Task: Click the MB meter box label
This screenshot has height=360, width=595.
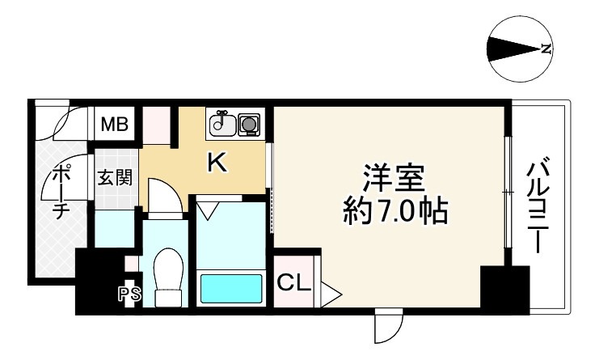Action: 115,124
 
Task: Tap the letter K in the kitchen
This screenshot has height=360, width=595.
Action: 217,163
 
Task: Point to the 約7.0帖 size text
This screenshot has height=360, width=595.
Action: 395,211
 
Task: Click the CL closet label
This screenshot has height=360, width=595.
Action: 294,282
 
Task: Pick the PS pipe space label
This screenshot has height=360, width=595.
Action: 129,294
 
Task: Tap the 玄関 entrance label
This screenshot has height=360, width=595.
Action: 115,177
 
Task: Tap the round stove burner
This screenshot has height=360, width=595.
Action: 249,124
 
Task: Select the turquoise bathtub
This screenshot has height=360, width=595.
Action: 230,288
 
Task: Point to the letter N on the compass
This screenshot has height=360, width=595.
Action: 546,49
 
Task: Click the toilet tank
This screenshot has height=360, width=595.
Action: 168,299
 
